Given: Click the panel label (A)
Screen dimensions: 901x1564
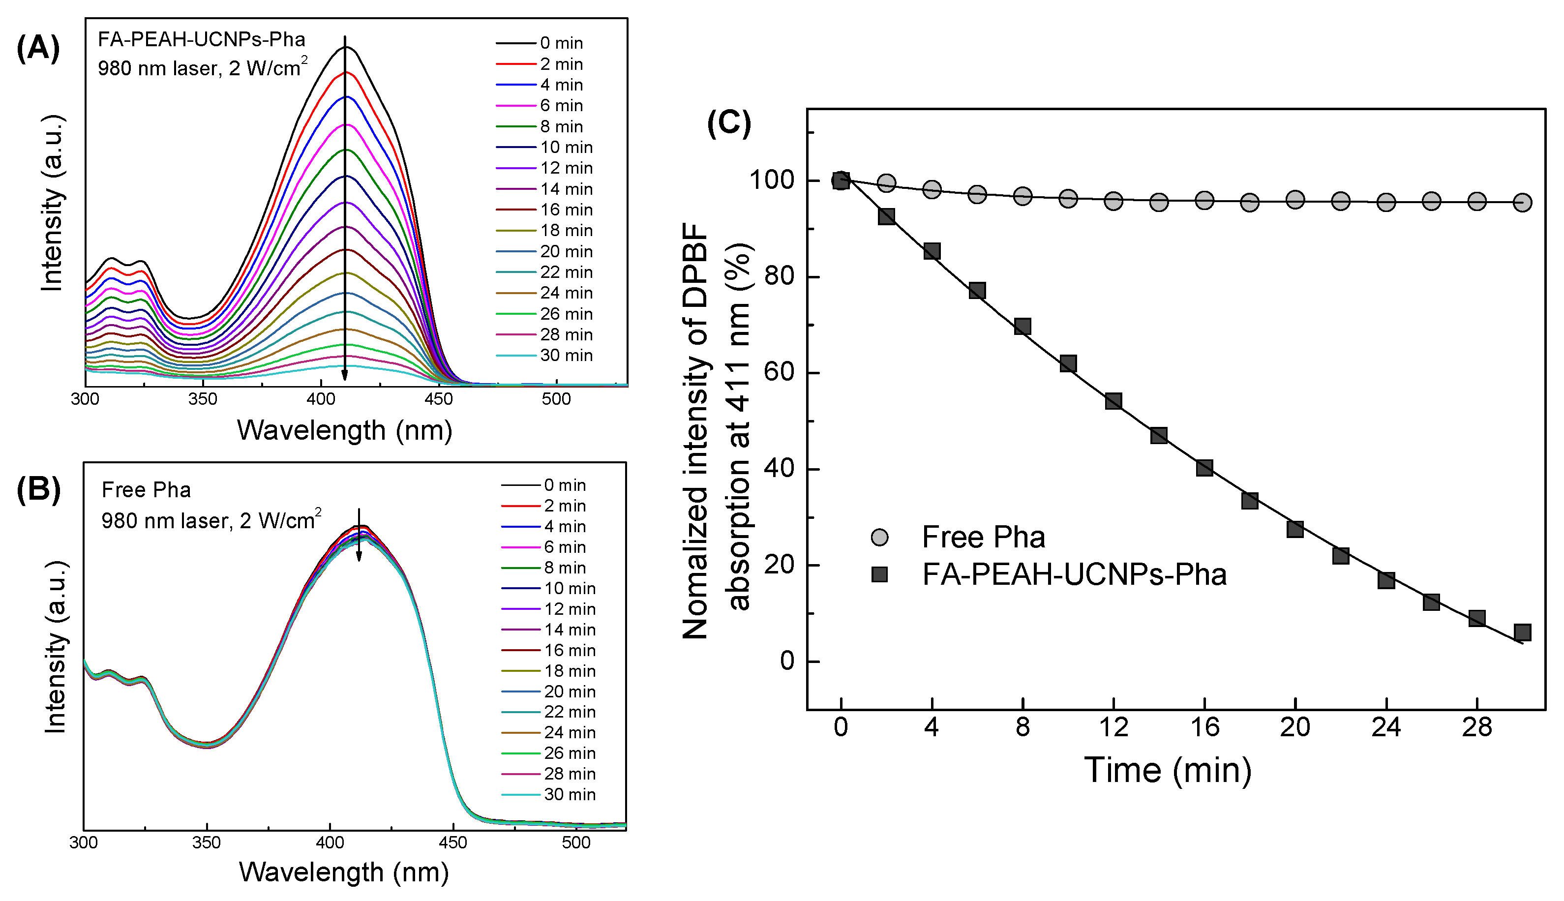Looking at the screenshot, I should (x=38, y=48).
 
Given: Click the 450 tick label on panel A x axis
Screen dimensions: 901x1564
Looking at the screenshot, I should (x=438, y=399).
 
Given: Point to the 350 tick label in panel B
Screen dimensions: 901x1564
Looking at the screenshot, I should (x=206, y=843).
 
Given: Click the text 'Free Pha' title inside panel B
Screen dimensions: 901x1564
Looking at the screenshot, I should (x=146, y=490).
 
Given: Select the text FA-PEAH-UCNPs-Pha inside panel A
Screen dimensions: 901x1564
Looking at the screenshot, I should (x=202, y=40).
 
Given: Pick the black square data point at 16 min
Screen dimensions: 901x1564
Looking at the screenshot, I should (x=1204, y=467).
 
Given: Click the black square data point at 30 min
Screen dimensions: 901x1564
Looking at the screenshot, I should (x=1523, y=632).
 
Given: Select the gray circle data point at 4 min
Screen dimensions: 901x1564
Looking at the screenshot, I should (x=932, y=189).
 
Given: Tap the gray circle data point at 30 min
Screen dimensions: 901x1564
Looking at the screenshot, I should (x=1523, y=202).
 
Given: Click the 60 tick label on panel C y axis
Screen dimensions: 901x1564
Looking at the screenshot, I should (x=779, y=372).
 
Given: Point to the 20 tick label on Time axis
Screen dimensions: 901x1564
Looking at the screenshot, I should (x=1295, y=727).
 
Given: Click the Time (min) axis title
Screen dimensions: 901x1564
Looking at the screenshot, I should (x=1168, y=771).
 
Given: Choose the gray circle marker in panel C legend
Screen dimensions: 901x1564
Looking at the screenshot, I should (x=879, y=537).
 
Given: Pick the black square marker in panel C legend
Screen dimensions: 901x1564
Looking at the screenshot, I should (x=879, y=574).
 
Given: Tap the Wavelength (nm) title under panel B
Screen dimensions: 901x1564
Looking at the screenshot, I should (x=344, y=872).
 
